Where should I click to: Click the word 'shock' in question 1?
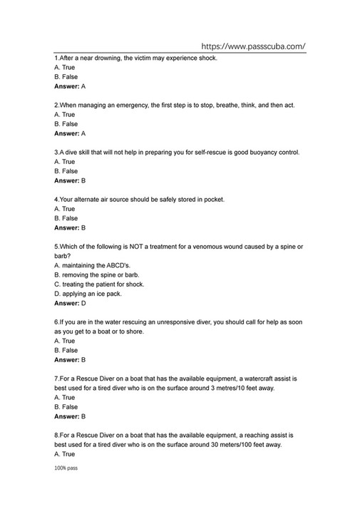pos(207,58)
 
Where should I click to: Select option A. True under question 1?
pos(64,67)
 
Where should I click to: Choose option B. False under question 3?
pos(66,171)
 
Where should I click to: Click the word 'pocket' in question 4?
pos(213,199)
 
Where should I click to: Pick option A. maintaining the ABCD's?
pos(92,265)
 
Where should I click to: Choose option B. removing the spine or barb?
pos(96,274)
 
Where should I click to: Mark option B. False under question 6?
pos(66,350)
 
